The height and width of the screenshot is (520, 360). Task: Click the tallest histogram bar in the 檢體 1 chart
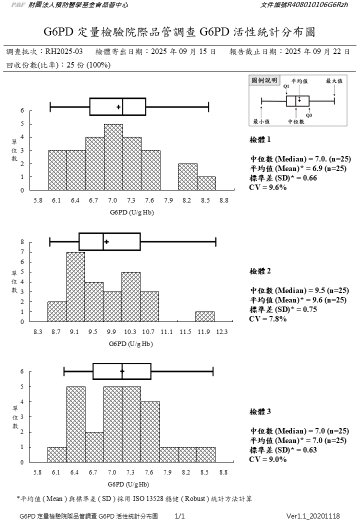tap(113, 157)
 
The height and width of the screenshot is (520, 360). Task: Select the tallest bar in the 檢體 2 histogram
tap(76, 287)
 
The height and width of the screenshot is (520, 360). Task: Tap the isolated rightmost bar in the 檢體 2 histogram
tap(205, 316)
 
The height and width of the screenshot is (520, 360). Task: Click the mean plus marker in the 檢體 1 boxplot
tap(118, 107)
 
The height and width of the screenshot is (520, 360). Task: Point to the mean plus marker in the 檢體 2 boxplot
tap(106, 242)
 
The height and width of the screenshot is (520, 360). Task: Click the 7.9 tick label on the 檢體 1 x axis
tap(168, 200)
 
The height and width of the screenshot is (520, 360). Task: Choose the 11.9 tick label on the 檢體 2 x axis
tap(204, 331)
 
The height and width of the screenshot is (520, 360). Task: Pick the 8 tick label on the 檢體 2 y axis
tap(22, 242)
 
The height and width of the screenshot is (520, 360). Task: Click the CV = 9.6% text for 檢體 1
tap(268, 187)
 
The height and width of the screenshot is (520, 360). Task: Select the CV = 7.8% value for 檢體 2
tap(268, 318)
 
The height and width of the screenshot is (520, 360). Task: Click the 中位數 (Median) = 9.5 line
tap(299, 290)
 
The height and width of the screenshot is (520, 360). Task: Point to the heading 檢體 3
tap(260, 411)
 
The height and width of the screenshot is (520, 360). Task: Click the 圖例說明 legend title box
tap(264, 79)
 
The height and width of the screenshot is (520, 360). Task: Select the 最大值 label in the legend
tap(334, 80)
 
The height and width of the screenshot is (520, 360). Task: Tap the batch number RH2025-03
tap(64, 51)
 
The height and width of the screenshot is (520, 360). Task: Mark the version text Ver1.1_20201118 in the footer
tap(313, 515)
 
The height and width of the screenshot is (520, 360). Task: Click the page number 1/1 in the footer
tap(180, 515)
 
